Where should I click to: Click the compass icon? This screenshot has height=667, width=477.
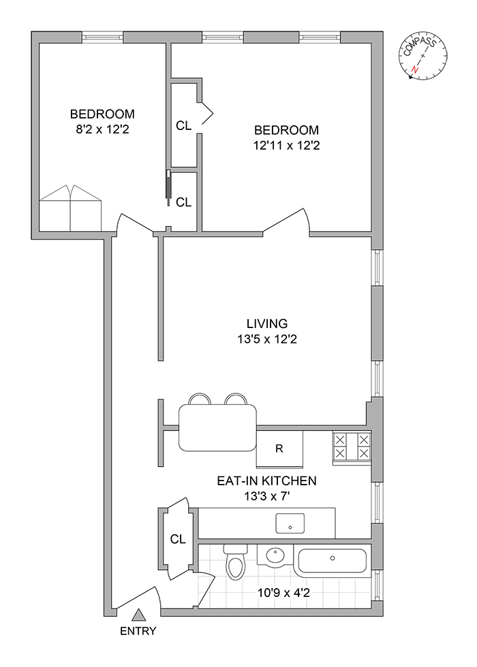click(x=422, y=58)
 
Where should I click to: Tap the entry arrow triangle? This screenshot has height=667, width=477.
click(x=138, y=615)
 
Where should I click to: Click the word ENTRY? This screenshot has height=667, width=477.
click(x=138, y=631)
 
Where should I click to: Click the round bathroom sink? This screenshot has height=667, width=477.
click(x=277, y=556)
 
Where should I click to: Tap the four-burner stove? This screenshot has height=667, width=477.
click(x=352, y=447)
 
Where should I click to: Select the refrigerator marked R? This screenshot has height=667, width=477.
click(x=279, y=449)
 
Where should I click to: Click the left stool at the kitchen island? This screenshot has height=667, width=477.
click(x=198, y=400)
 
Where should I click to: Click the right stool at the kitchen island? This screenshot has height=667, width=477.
click(x=235, y=400)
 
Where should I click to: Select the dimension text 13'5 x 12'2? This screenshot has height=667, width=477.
click(x=267, y=338)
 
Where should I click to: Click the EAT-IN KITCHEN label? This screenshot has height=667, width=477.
click(x=266, y=481)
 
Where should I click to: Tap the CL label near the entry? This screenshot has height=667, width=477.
click(x=178, y=540)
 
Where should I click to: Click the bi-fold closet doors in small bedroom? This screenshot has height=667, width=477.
click(x=70, y=207)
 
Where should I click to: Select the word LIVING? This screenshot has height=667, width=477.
click(x=267, y=324)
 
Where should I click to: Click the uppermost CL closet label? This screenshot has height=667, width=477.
click(x=184, y=125)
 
